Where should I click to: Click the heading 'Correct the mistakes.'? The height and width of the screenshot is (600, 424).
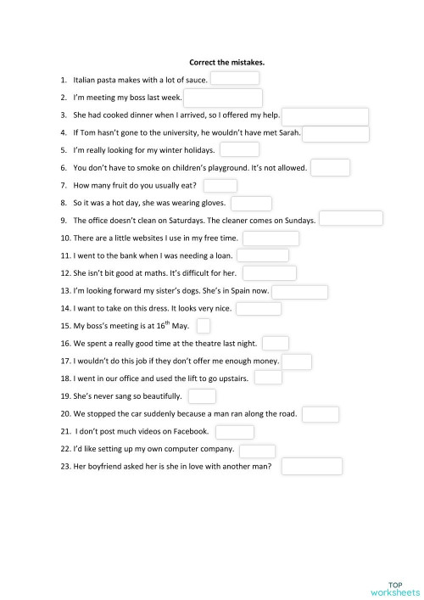click(227, 62)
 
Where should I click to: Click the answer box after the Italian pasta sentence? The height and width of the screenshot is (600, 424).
click(235, 79)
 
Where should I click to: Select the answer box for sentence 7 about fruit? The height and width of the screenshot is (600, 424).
click(220, 186)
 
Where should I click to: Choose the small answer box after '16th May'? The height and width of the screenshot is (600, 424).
click(204, 325)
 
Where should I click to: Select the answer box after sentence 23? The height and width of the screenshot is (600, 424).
click(311, 467)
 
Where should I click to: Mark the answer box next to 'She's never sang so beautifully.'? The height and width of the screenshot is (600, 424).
click(202, 396)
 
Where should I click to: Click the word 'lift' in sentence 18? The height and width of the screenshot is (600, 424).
click(181, 379)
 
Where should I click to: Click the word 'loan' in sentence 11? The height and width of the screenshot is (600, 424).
click(222, 255)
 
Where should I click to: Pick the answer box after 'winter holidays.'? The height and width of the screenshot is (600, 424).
click(240, 150)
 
